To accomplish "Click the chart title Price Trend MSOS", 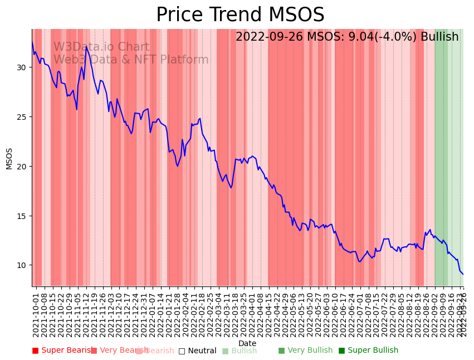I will click(240, 15).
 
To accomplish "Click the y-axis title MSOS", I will click(9, 158).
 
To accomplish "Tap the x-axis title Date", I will click(247, 343).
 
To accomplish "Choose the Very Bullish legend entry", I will click(305, 351).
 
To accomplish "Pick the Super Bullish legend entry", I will click(368, 351).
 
